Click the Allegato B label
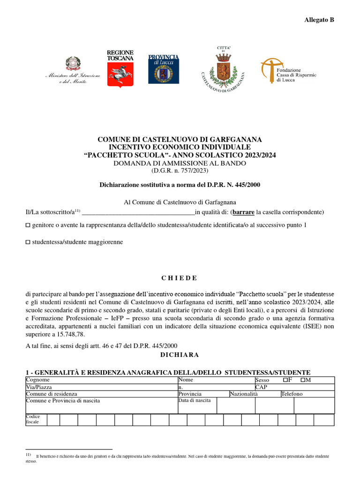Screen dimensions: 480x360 (319, 20)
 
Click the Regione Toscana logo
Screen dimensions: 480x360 (120, 68)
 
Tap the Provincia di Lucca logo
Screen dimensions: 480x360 (163, 68)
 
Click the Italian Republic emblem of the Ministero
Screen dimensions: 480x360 (72, 63)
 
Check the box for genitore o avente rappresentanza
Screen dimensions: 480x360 (28, 225)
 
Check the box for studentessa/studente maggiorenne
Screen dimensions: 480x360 (28, 242)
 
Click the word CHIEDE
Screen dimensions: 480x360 (180, 278)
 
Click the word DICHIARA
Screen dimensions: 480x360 (180, 355)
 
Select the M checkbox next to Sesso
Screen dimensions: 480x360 (303, 380)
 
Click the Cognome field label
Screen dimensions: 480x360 (37, 380)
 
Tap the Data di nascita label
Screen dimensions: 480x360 (195, 401)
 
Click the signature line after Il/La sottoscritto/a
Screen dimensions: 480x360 (138, 212)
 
